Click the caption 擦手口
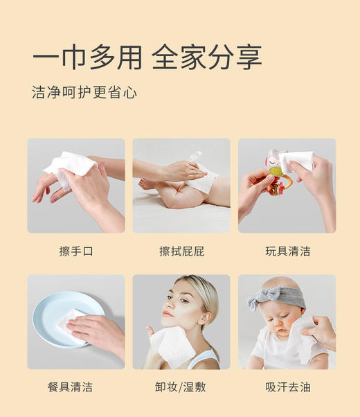pyautogui.click(x=76, y=251)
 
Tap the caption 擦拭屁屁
pyautogui.click(x=181, y=251)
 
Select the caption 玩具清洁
pyautogui.click(x=287, y=251)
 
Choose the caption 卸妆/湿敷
pyautogui.click(x=181, y=387)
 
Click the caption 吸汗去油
pyautogui.click(x=287, y=387)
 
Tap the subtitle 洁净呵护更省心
pyautogui.click(x=84, y=92)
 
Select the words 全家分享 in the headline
pyautogui.click(x=206, y=57)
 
